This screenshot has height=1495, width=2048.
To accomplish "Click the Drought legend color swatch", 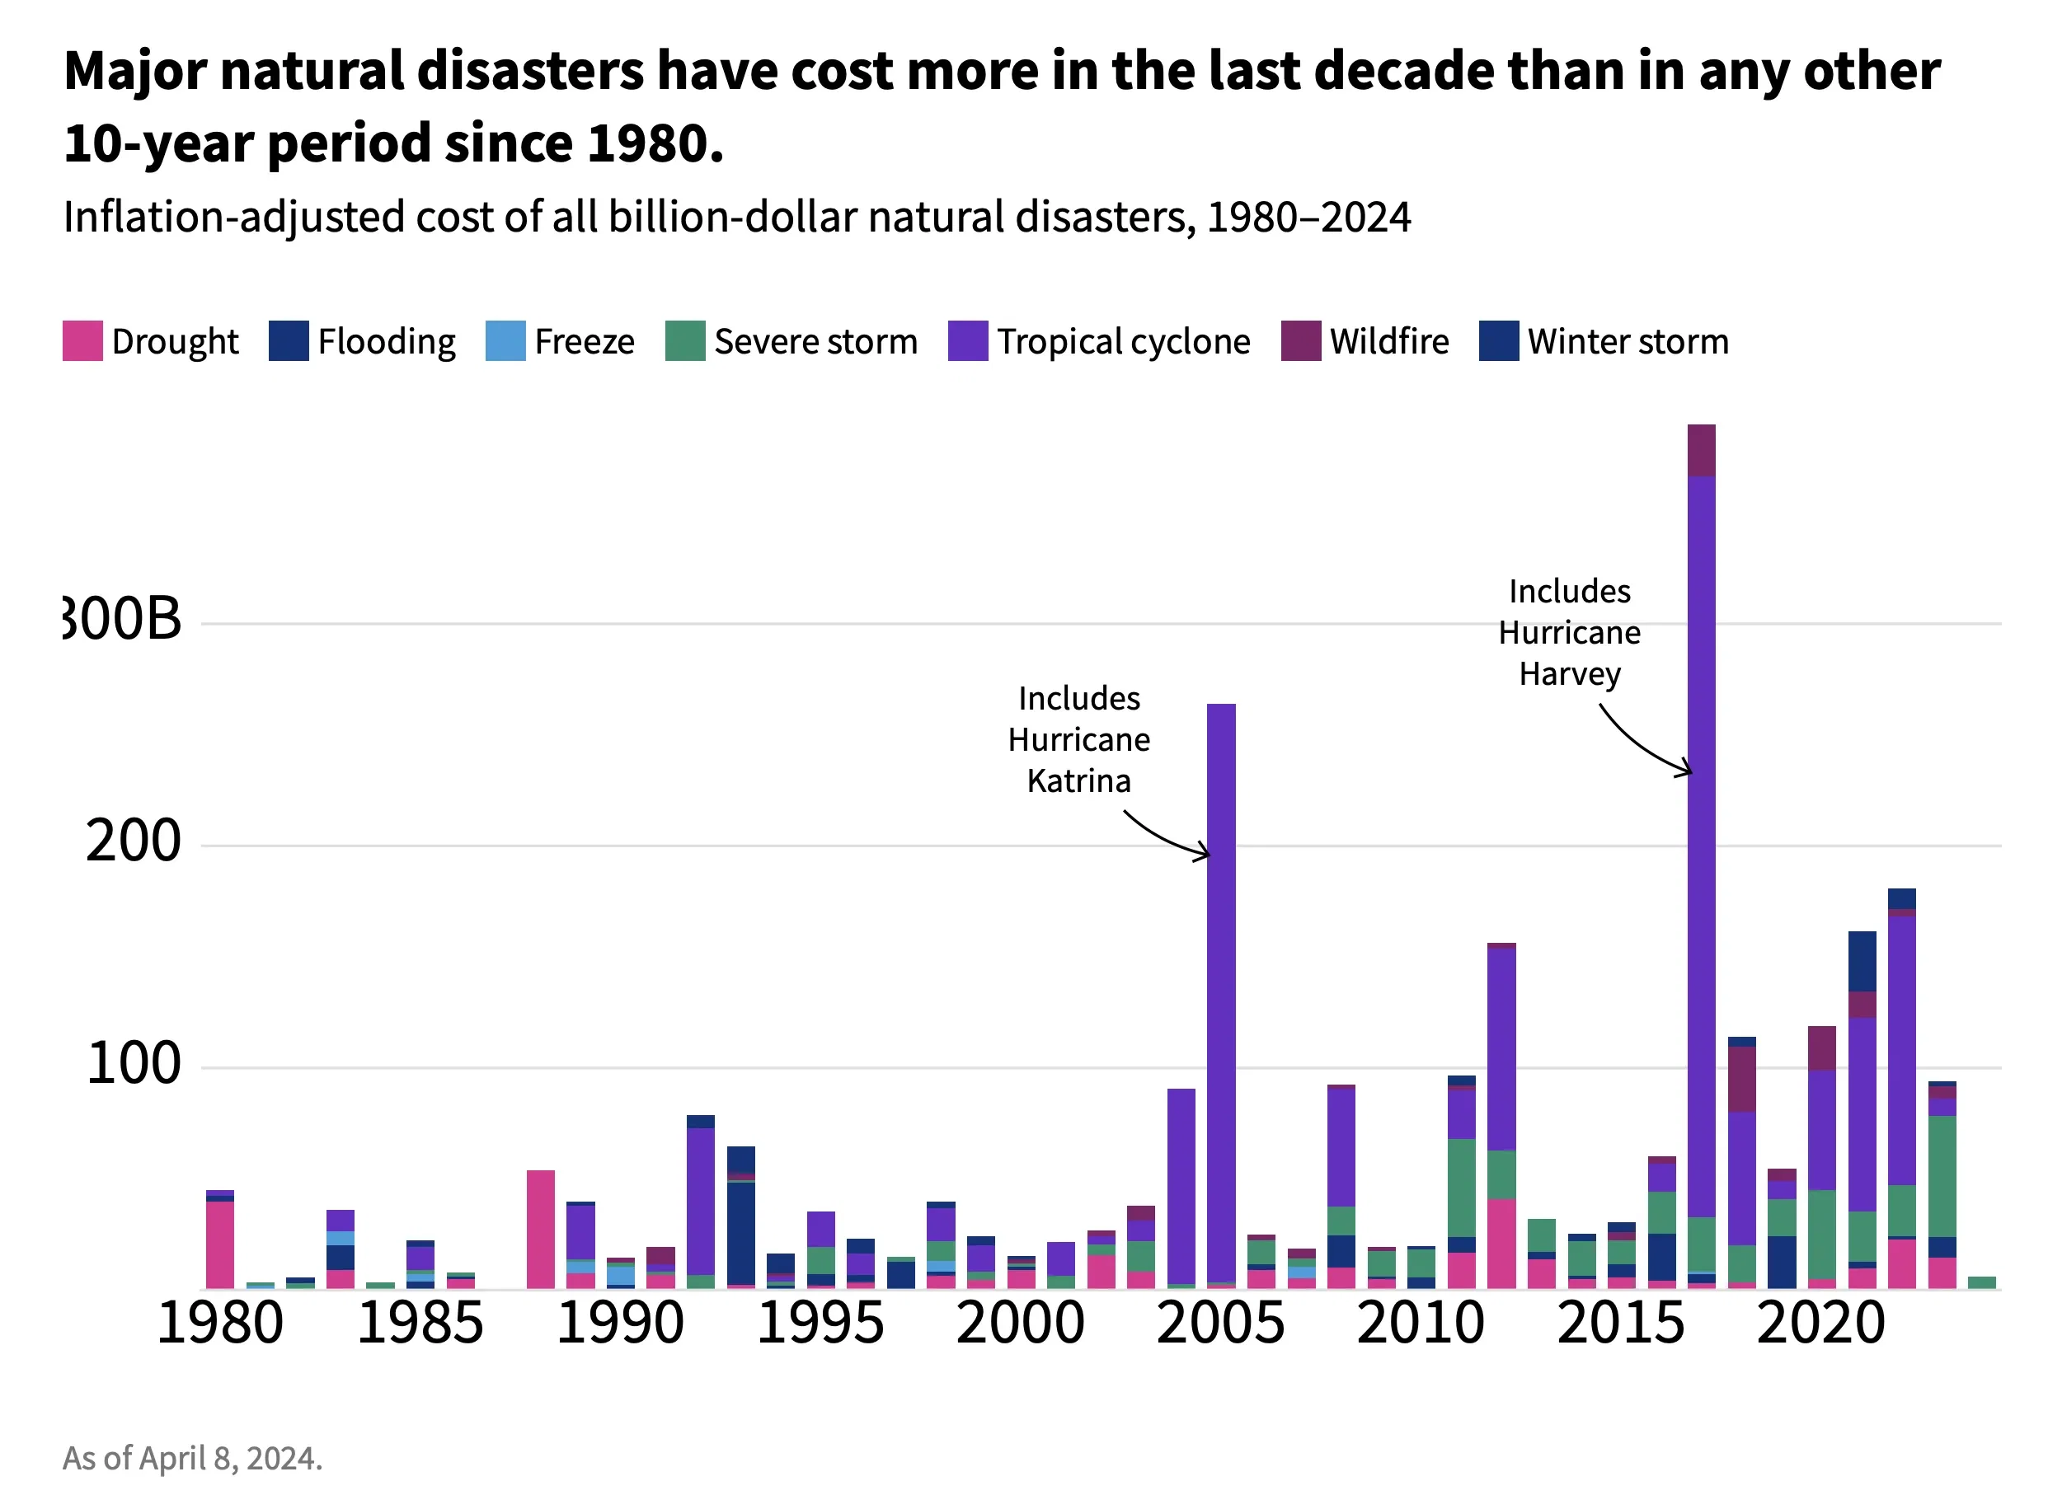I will (82, 341).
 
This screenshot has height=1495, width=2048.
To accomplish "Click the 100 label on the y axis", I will (133, 1064).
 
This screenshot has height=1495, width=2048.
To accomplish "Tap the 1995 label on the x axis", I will (820, 1323).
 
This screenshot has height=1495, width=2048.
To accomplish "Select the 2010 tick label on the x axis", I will (1420, 1323).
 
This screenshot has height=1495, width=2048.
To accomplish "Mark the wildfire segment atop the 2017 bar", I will (1701, 450).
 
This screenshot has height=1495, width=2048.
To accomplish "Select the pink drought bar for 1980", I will (220, 1244).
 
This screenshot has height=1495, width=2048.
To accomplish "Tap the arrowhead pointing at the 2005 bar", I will (1205, 852).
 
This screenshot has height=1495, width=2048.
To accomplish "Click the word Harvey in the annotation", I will (1569, 674).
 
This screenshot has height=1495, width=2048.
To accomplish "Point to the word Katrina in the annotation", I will (1078, 781).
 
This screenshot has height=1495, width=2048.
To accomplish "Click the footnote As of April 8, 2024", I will (192, 1458).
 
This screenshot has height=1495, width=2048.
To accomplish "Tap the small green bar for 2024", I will (1982, 1282).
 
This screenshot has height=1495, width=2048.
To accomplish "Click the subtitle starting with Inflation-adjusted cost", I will (736, 218).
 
